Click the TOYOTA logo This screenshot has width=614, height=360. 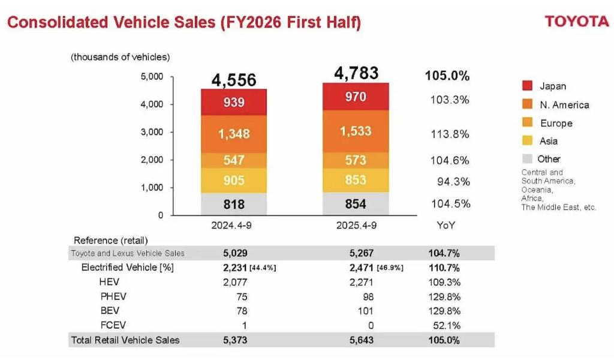pos(576,22)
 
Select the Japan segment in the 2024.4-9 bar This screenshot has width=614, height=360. pos(234,102)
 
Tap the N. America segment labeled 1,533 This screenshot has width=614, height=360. pos(356,131)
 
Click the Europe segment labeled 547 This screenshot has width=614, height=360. pos(234,160)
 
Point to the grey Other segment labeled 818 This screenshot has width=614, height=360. pos(234,204)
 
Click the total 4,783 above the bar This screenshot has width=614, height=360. pos(356,73)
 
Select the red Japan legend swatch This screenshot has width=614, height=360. pos(527,86)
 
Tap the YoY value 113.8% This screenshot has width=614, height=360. pos(450,134)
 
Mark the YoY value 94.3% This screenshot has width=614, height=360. pos(453,182)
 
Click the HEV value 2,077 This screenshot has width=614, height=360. pos(234,282)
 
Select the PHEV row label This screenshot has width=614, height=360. pos(114,296)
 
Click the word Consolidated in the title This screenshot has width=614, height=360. pos(58,23)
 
